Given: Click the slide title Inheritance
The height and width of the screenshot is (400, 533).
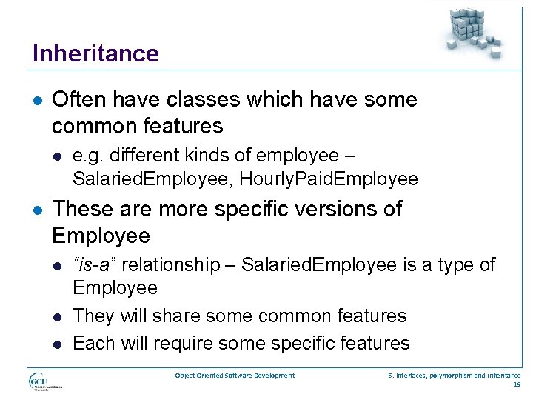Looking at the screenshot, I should pyautogui.click(x=95, y=53).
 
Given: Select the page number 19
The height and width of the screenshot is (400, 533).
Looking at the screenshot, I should pyautogui.click(x=516, y=384).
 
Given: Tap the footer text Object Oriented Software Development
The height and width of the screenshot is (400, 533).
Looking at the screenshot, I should pyautogui.click(x=235, y=376).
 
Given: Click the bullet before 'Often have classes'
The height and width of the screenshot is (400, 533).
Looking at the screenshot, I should pyautogui.click(x=37, y=100).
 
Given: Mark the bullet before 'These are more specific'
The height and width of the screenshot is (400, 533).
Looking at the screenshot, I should pyautogui.click(x=37, y=210).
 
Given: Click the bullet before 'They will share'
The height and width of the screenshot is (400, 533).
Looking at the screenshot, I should pyautogui.click(x=58, y=316).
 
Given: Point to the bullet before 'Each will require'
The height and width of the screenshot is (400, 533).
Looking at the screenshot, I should pyautogui.click(x=58, y=344).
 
